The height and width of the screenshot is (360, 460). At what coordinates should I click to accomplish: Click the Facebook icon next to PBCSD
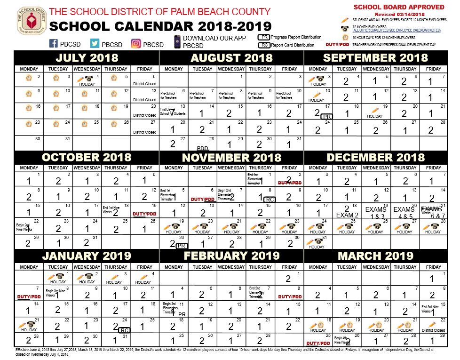coord(54,43)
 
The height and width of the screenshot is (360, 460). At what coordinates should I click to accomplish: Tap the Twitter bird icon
coord(95,43)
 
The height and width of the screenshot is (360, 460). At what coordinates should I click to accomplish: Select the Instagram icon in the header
coord(136,43)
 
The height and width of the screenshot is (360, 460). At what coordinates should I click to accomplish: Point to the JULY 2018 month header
coord(87,58)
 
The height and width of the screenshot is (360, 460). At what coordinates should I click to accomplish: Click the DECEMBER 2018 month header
coord(375,158)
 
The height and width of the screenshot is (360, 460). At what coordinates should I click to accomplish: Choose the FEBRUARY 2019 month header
coord(232,256)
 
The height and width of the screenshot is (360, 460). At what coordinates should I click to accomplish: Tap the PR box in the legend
coord(264,37)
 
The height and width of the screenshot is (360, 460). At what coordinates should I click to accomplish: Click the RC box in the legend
coord(264,45)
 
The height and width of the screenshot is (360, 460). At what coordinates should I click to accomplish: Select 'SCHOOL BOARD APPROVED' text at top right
coord(398,7)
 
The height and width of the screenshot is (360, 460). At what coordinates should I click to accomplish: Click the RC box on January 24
coord(125,330)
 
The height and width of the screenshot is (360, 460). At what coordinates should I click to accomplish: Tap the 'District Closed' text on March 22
coord(433,330)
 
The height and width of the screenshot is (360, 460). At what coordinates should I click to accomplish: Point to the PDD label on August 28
coord(202,148)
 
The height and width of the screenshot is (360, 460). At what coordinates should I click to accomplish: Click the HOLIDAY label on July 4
coord(87,84)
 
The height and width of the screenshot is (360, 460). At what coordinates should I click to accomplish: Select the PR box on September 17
coord(326,116)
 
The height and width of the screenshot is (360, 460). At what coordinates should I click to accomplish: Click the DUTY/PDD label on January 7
coord(29,297)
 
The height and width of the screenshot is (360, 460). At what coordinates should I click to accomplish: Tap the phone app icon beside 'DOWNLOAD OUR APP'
coord(177,42)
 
